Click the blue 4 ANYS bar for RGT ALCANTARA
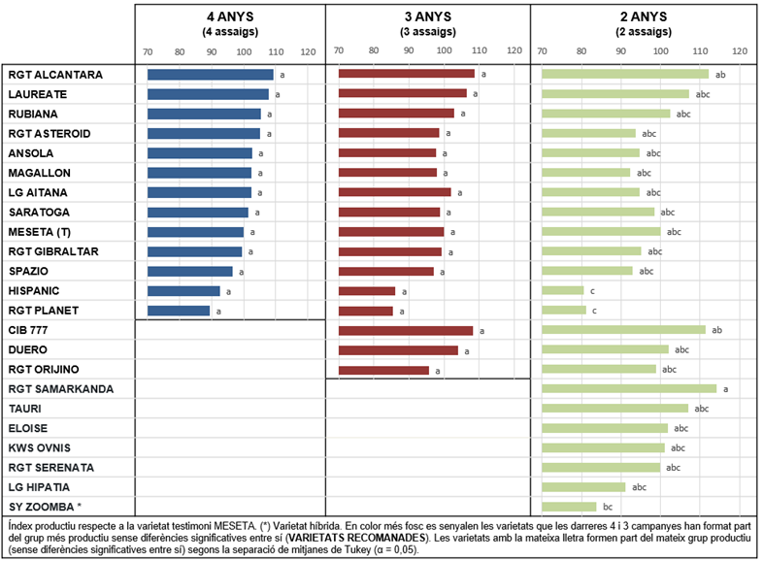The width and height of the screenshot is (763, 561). (211, 75)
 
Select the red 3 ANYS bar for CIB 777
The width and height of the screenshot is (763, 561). (406, 330)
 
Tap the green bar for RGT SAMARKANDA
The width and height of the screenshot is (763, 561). (629, 388)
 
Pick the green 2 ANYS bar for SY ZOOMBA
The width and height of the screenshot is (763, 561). (569, 507)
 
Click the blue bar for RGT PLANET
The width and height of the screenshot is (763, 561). (179, 311)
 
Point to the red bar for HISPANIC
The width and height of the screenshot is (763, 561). (367, 291)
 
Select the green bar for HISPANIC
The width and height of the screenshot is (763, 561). (562, 290)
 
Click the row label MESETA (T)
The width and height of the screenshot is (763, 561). (40, 232)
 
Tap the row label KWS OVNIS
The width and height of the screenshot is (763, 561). (40, 447)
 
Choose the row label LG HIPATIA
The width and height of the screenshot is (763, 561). (39, 487)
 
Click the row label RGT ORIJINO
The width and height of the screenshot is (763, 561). (44, 369)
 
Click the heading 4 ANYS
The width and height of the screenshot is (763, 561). (230, 16)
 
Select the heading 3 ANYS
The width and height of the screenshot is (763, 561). (428, 16)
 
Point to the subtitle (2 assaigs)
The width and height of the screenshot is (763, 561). (644, 32)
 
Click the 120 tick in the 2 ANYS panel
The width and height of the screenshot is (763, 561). (740, 51)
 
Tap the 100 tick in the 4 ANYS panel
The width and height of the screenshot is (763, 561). (244, 52)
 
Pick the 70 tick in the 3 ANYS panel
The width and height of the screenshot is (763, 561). (339, 50)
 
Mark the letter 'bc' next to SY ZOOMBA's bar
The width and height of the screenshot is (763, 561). (608, 507)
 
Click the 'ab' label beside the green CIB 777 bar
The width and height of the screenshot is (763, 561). (716, 330)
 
